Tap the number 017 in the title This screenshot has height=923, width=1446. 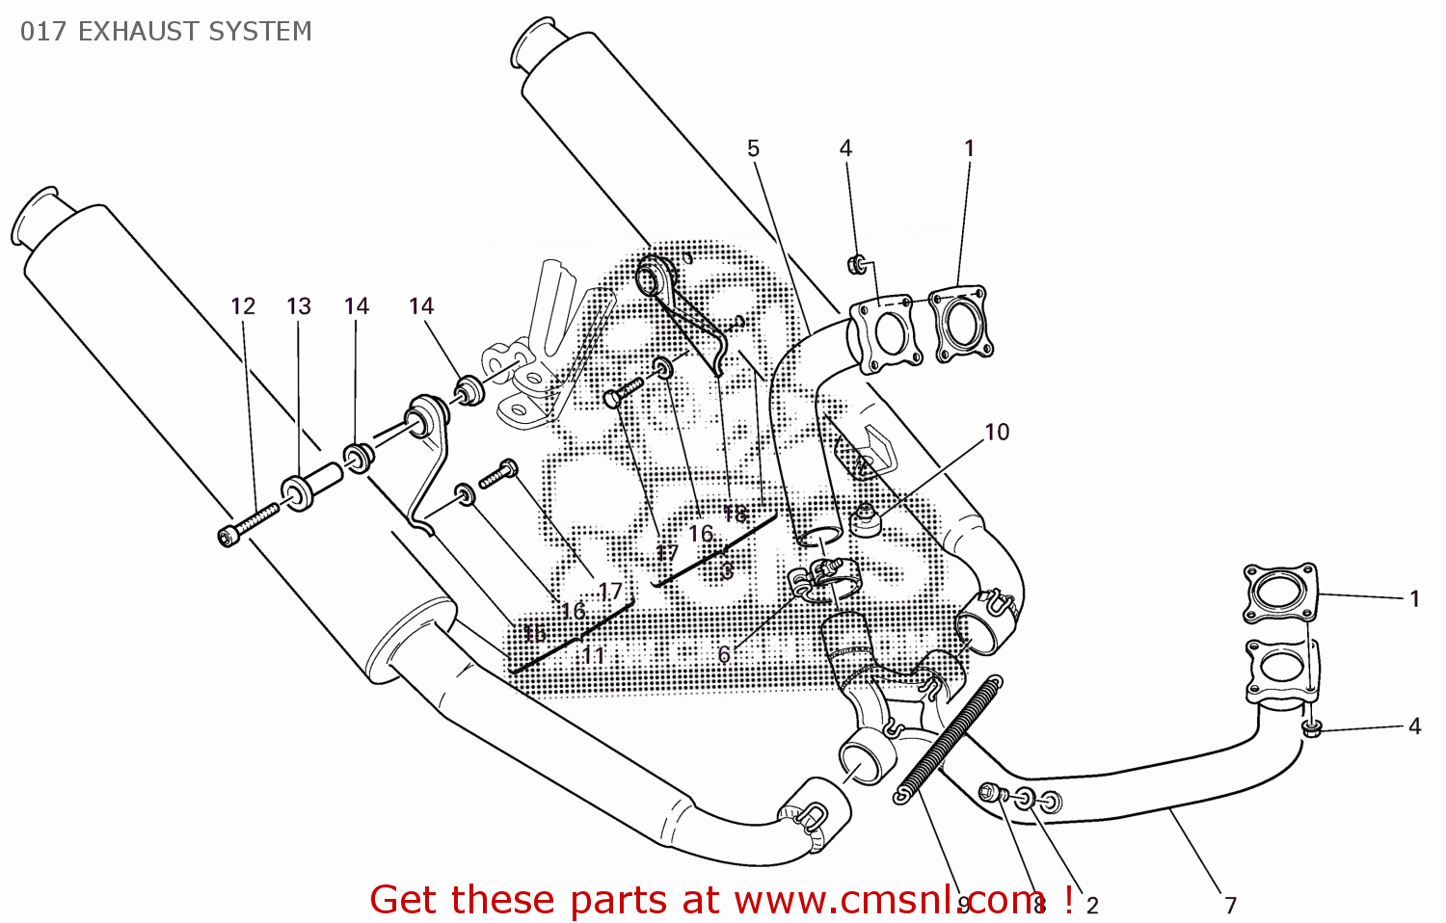pos(43,32)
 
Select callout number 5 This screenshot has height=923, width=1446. pos(753,148)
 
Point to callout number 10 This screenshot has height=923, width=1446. pos(997,432)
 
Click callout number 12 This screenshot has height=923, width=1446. pos(243,306)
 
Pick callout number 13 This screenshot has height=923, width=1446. pos(299,306)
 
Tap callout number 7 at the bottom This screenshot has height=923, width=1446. pos(1231,905)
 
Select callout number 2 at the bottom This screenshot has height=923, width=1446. pos(1092,905)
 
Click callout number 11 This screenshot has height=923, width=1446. pos(594,655)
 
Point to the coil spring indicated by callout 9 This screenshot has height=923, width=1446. pos(950,737)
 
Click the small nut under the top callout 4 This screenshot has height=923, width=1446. pos(855,264)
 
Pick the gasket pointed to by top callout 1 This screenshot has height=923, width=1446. pos(959,323)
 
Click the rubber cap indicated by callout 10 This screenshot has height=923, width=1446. pos(864,520)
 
